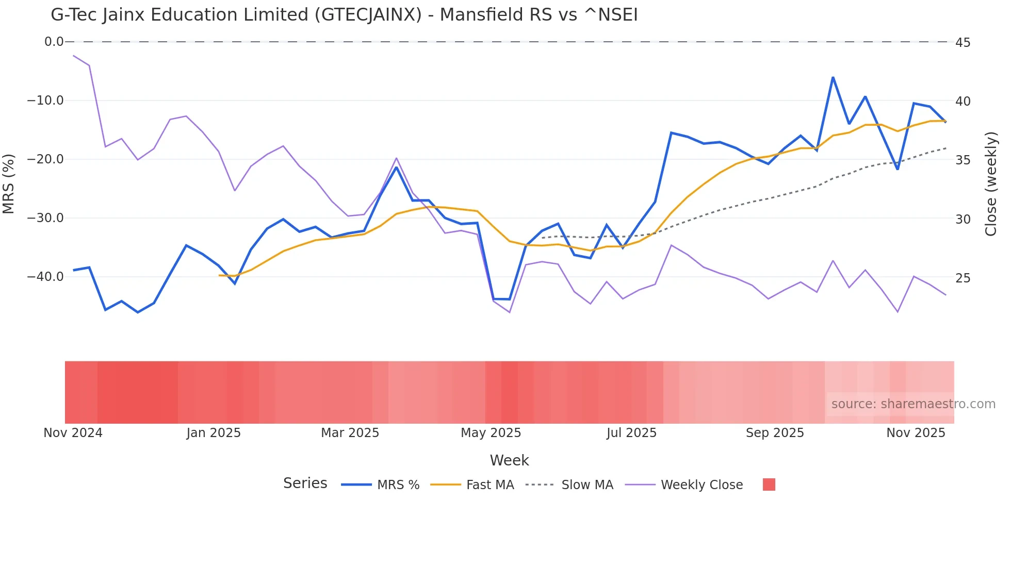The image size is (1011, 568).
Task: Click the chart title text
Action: [x=344, y=15]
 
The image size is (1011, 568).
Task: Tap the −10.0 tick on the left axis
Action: [x=45, y=101]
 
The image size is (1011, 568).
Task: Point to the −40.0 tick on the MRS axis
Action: [x=45, y=277]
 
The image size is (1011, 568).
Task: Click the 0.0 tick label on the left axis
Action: [x=54, y=42]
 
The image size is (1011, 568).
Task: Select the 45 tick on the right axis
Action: [x=963, y=43]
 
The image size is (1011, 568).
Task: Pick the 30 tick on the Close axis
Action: [x=963, y=220]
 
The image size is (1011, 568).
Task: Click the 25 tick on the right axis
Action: [x=963, y=278]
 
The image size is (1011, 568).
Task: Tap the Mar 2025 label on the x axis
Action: [x=350, y=433]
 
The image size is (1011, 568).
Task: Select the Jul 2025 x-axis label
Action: [x=631, y=433]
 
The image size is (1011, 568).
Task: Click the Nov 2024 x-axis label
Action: [x=73, y=433]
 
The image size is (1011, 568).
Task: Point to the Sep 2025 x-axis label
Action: [x=775, y=433]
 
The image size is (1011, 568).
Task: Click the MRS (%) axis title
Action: [x=9, y=183]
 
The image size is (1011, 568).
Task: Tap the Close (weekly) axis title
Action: [x=991, y=183]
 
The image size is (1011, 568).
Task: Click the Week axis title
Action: [x=509, y=460]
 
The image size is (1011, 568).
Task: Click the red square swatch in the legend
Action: [x=769, y=485]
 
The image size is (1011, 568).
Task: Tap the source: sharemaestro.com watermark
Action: [x=913, y=404]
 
